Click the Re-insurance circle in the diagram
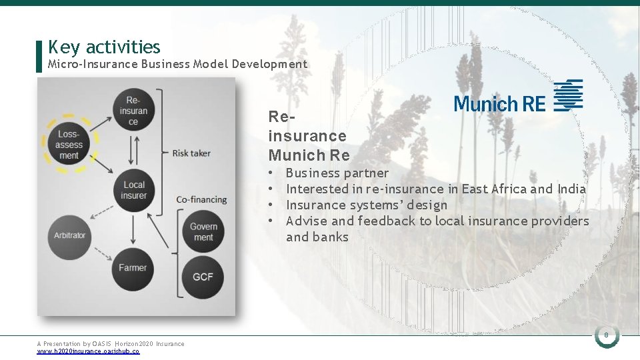[134, 111]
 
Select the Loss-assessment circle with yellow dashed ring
[69, 145]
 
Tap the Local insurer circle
[134, 190]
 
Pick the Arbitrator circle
[70, 235]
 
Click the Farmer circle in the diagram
[133, 268]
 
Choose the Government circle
[203, 232]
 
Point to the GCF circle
[203, 275]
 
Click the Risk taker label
[191, 153]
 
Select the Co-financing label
[201, 199]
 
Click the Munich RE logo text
[499, 103]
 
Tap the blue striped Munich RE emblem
[569, 95]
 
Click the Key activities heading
[104, 47]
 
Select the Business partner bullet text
[337, 173]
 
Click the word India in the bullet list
[571, 189]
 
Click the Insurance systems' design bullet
[366, 205]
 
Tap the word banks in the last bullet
[331, 237]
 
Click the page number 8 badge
[607, 335]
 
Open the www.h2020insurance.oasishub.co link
[88, 351]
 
